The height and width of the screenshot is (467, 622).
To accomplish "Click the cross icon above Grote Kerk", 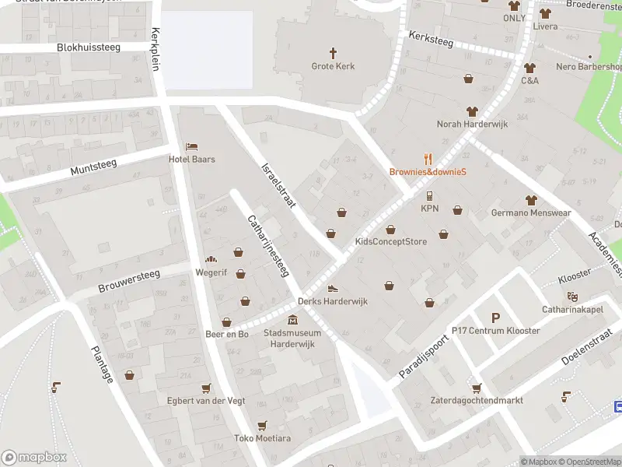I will [x=334, y=53].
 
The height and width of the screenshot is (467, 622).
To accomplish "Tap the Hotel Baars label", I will [x=192, y=160].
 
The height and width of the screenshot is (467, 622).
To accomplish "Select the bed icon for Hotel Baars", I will [x=191, y=146].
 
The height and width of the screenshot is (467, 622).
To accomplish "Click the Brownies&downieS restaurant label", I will [x=427, y=172].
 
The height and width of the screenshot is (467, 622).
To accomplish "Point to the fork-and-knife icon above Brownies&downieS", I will [x=427, y=158].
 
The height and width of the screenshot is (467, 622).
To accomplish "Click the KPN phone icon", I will [x=430, y=195].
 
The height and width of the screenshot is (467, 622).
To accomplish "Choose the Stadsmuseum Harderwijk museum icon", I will [x=292, y=320].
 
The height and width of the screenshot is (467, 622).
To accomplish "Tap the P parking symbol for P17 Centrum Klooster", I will [x=495, y=317].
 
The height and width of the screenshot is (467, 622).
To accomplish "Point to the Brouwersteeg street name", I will [x=129, y=281].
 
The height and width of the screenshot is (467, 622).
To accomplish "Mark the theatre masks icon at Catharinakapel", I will [x=573, y=297].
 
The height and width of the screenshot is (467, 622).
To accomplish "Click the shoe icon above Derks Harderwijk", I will [x=333, y=288].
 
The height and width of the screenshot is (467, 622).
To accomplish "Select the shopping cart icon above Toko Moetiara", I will [x=262, y=425].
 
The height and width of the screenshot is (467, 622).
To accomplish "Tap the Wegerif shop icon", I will [x=210, y=260].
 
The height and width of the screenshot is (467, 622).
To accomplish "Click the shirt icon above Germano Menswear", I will [x=531, y=200].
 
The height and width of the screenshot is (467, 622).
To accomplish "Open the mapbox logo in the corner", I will [x=34, y=458].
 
